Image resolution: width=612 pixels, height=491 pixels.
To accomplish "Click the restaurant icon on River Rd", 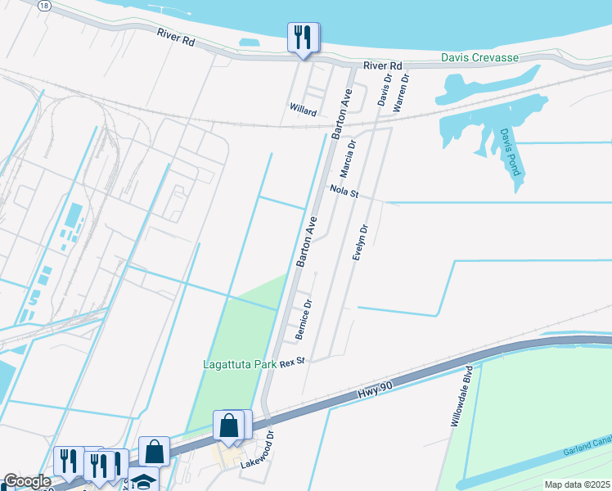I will click(x=302, y=37).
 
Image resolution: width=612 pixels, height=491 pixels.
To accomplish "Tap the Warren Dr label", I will click(x=400, y=90).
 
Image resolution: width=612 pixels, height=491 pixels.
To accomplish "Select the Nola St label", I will click(x=344, y=191).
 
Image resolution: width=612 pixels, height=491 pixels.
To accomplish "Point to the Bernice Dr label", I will click(x=304, y=320).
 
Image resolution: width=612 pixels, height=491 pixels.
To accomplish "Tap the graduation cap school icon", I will click(x=142, y=481).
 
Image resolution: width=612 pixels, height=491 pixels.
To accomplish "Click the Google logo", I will click(x=26, y=482).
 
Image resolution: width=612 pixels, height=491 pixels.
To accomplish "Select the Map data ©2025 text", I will click(x=576, y=484).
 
